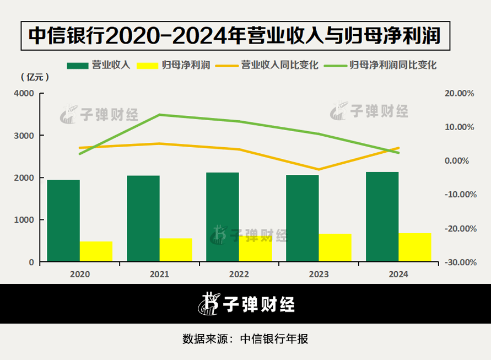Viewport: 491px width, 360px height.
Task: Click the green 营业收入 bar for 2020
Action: (63, 221)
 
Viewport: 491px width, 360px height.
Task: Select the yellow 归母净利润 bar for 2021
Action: (176, 250)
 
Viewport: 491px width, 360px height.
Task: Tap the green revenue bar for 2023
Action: (302, 218)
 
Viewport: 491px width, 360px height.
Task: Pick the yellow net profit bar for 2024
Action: (415, 248)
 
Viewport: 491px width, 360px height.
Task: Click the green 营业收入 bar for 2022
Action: (223, 217)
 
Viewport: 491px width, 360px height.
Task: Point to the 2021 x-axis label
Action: (159, 273)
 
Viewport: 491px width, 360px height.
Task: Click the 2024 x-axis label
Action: (398, 273)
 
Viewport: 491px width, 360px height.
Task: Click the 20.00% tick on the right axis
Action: (459, 94)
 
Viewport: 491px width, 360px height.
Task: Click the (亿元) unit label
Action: (35, 77)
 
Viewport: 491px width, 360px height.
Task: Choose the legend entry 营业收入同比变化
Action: (279, 65)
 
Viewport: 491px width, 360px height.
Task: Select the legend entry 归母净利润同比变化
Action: (393, 65)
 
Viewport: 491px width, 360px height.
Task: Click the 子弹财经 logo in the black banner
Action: (245, 304)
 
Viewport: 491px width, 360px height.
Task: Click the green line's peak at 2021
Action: (159, 115)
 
